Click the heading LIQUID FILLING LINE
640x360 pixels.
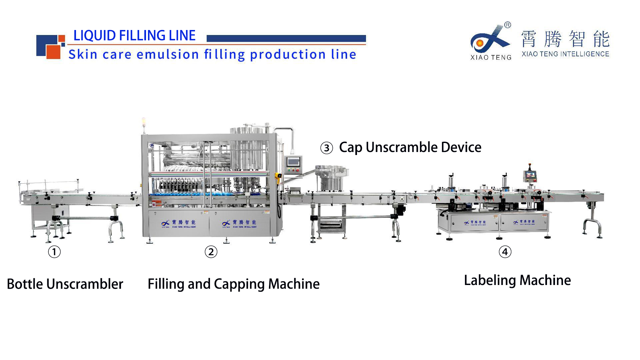[x=134, y=36]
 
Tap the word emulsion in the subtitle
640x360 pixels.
[x=168, y=54]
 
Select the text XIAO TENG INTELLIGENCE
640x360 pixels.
[x=565, y=54]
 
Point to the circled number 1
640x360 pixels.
[x=54, y=252]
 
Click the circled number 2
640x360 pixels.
[x=211, y=252]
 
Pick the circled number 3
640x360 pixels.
[x=327, y=148]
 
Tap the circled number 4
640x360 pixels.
[x=505, y=252]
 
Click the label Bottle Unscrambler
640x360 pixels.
[x=65, y=284]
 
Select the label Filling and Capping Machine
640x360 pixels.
[x=233, y=284]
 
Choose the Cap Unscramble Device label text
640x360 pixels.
[x=410, y=147]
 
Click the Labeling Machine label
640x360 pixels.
[x=517, y=280]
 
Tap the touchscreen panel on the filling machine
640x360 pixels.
[x=293, y=162]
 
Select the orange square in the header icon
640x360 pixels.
[x=53, y=52]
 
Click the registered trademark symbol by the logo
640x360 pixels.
[x=507, y=25]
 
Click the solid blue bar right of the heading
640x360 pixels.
[x=286, y=38]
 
